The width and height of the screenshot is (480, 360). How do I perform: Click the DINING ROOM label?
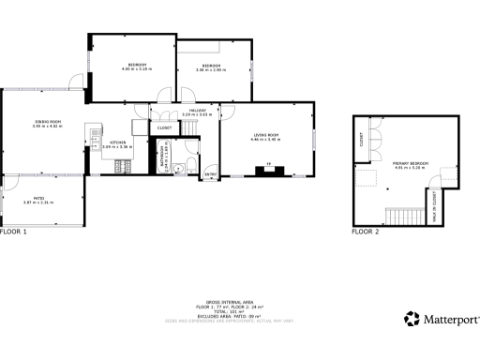(47, 122)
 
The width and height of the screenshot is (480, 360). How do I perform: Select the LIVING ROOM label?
(266, 137)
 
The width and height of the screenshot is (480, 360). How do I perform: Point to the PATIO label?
(39, 198)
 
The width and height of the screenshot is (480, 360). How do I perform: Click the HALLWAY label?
(197, 111)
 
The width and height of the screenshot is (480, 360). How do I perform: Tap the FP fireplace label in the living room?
(270, 165)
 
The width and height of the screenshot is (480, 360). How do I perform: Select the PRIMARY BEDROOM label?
(411, 164)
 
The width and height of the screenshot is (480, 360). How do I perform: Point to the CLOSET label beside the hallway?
(164, 127)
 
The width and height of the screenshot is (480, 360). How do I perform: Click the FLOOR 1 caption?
(14, 231)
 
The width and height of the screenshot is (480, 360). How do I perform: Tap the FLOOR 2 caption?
(366, 231)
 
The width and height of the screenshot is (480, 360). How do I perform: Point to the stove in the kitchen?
(123, 168)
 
